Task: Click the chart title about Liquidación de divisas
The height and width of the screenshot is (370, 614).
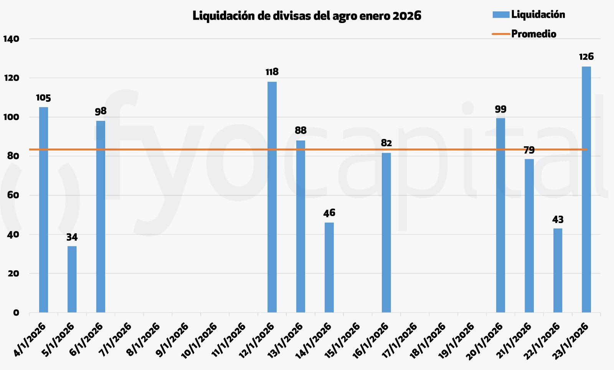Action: tap(307, 16)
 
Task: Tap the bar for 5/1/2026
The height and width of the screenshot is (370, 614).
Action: tap(72, 279)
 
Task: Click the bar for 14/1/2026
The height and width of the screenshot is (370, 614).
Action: tap(329, 267)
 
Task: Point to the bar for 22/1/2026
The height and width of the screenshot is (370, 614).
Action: tap(558, 270)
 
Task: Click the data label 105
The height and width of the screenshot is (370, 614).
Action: tap(43, 98)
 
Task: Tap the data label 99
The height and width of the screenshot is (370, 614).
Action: tap(500, 109)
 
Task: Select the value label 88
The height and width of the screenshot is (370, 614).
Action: tap(300, 130)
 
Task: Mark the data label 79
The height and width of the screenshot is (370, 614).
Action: tap(529, 150)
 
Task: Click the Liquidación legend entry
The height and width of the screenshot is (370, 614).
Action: tap(538, 15)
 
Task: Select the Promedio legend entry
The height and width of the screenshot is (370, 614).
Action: tap(533, 34)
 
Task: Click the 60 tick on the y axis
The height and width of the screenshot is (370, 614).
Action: tap(13, 195)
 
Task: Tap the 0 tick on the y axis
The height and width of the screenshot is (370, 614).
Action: tap(16, 312)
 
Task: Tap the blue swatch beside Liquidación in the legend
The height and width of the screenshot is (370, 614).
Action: tap(501, 15)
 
